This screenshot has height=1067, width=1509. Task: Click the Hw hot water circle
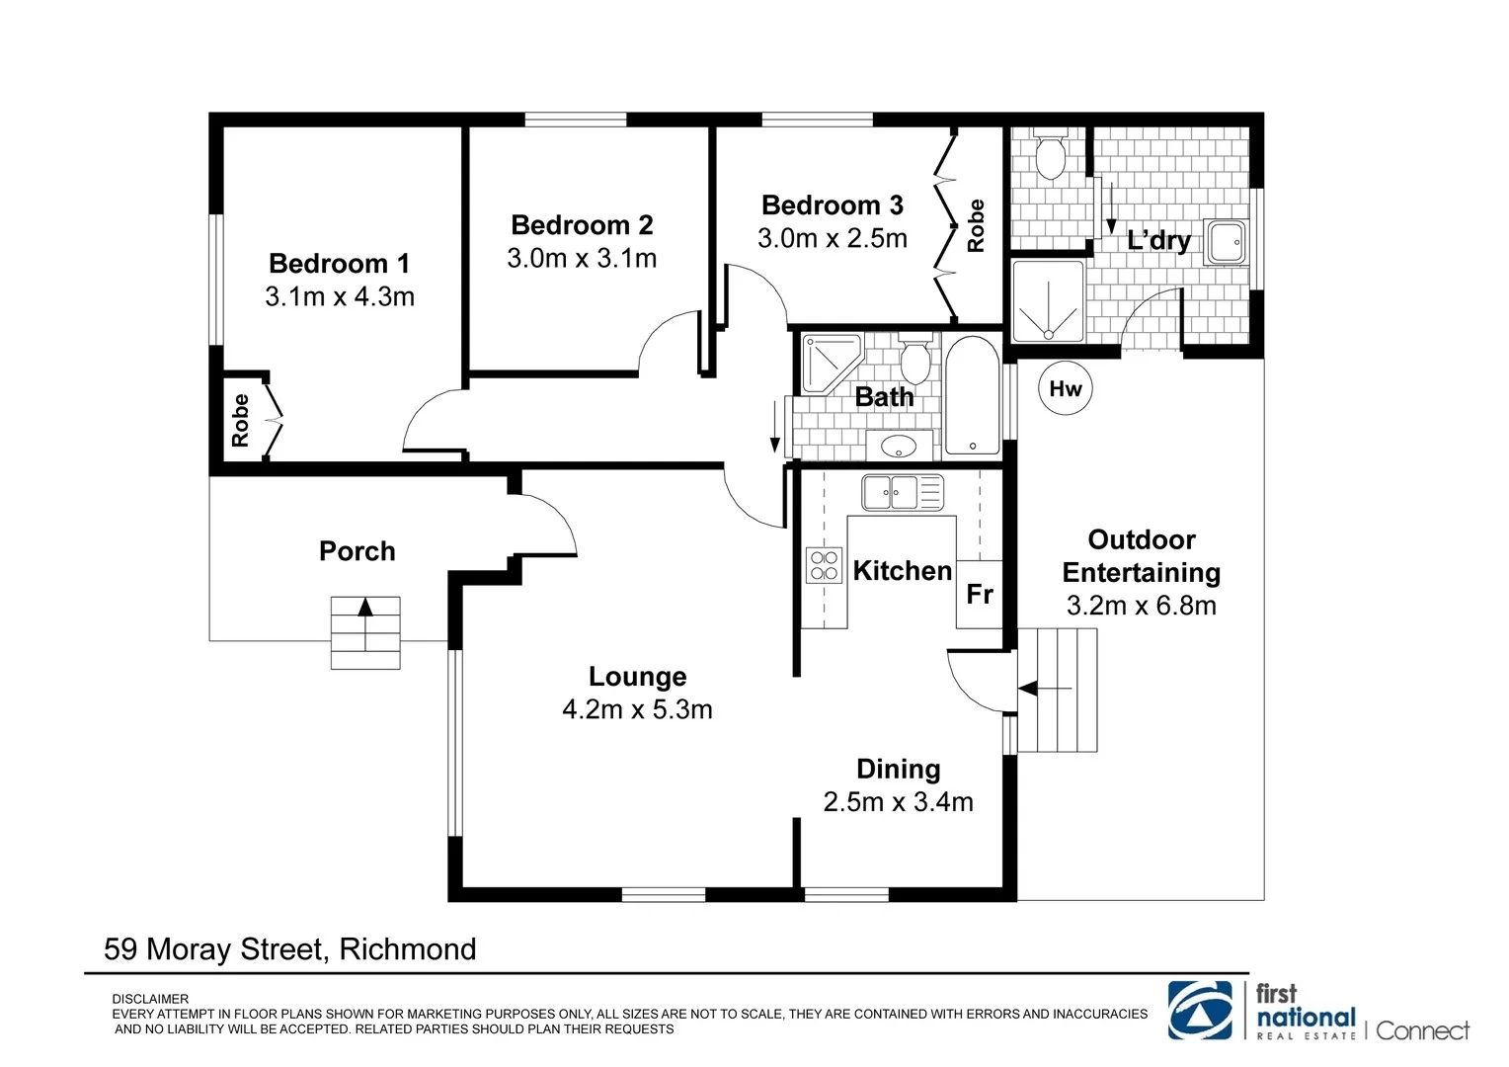1066,388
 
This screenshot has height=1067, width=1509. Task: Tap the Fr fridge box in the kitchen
980,594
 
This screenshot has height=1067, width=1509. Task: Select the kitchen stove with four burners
825,565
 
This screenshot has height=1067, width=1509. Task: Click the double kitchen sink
902,491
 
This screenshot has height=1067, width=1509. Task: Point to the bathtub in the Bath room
973,396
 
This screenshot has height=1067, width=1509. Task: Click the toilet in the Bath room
915,362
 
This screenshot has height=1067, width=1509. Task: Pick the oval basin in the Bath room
899,447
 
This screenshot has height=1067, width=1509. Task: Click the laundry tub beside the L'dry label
1227,242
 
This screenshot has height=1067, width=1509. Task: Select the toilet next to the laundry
1050,156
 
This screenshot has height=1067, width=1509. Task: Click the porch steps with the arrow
365,632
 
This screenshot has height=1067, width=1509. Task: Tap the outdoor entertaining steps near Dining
1058,689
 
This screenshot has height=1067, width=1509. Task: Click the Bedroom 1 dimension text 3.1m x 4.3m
340,296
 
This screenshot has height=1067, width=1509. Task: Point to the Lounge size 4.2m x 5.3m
637,709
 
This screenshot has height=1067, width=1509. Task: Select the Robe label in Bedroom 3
976,225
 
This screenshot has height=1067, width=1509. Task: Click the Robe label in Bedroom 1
240,420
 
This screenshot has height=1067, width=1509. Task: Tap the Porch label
357,550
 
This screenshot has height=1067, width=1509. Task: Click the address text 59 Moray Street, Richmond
290,948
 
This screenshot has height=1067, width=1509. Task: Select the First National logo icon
1200,1010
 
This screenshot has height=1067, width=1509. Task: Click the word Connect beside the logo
1422,1030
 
